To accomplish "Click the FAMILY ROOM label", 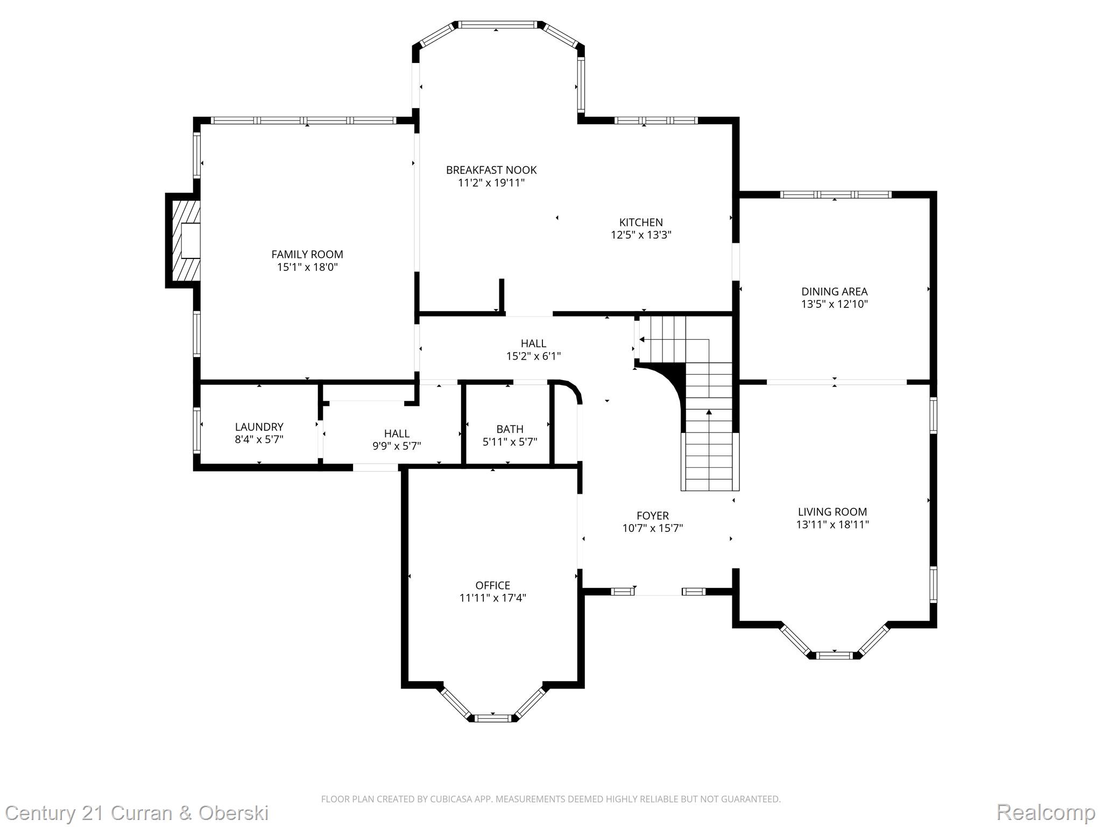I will point(307,254).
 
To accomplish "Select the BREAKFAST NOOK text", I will point(491,170).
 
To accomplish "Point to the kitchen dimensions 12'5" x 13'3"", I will point(641,235).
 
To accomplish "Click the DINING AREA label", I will point(834,292).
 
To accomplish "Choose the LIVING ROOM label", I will point(832,512).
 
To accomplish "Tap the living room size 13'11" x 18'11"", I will point(832,525).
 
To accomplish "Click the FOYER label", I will point(652,516).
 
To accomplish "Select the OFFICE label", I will point(492,585).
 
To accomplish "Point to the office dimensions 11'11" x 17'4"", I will point(492,598).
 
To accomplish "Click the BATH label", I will point(510,429).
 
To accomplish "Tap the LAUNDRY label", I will point(259,427).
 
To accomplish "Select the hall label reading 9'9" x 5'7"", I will point(397,446).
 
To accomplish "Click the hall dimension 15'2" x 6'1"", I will point(533,356).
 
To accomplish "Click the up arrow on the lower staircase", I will point(709,412).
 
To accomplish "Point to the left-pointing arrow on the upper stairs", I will point(642,340).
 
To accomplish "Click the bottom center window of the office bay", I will point(493,718).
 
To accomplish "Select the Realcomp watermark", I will point(1046,812).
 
